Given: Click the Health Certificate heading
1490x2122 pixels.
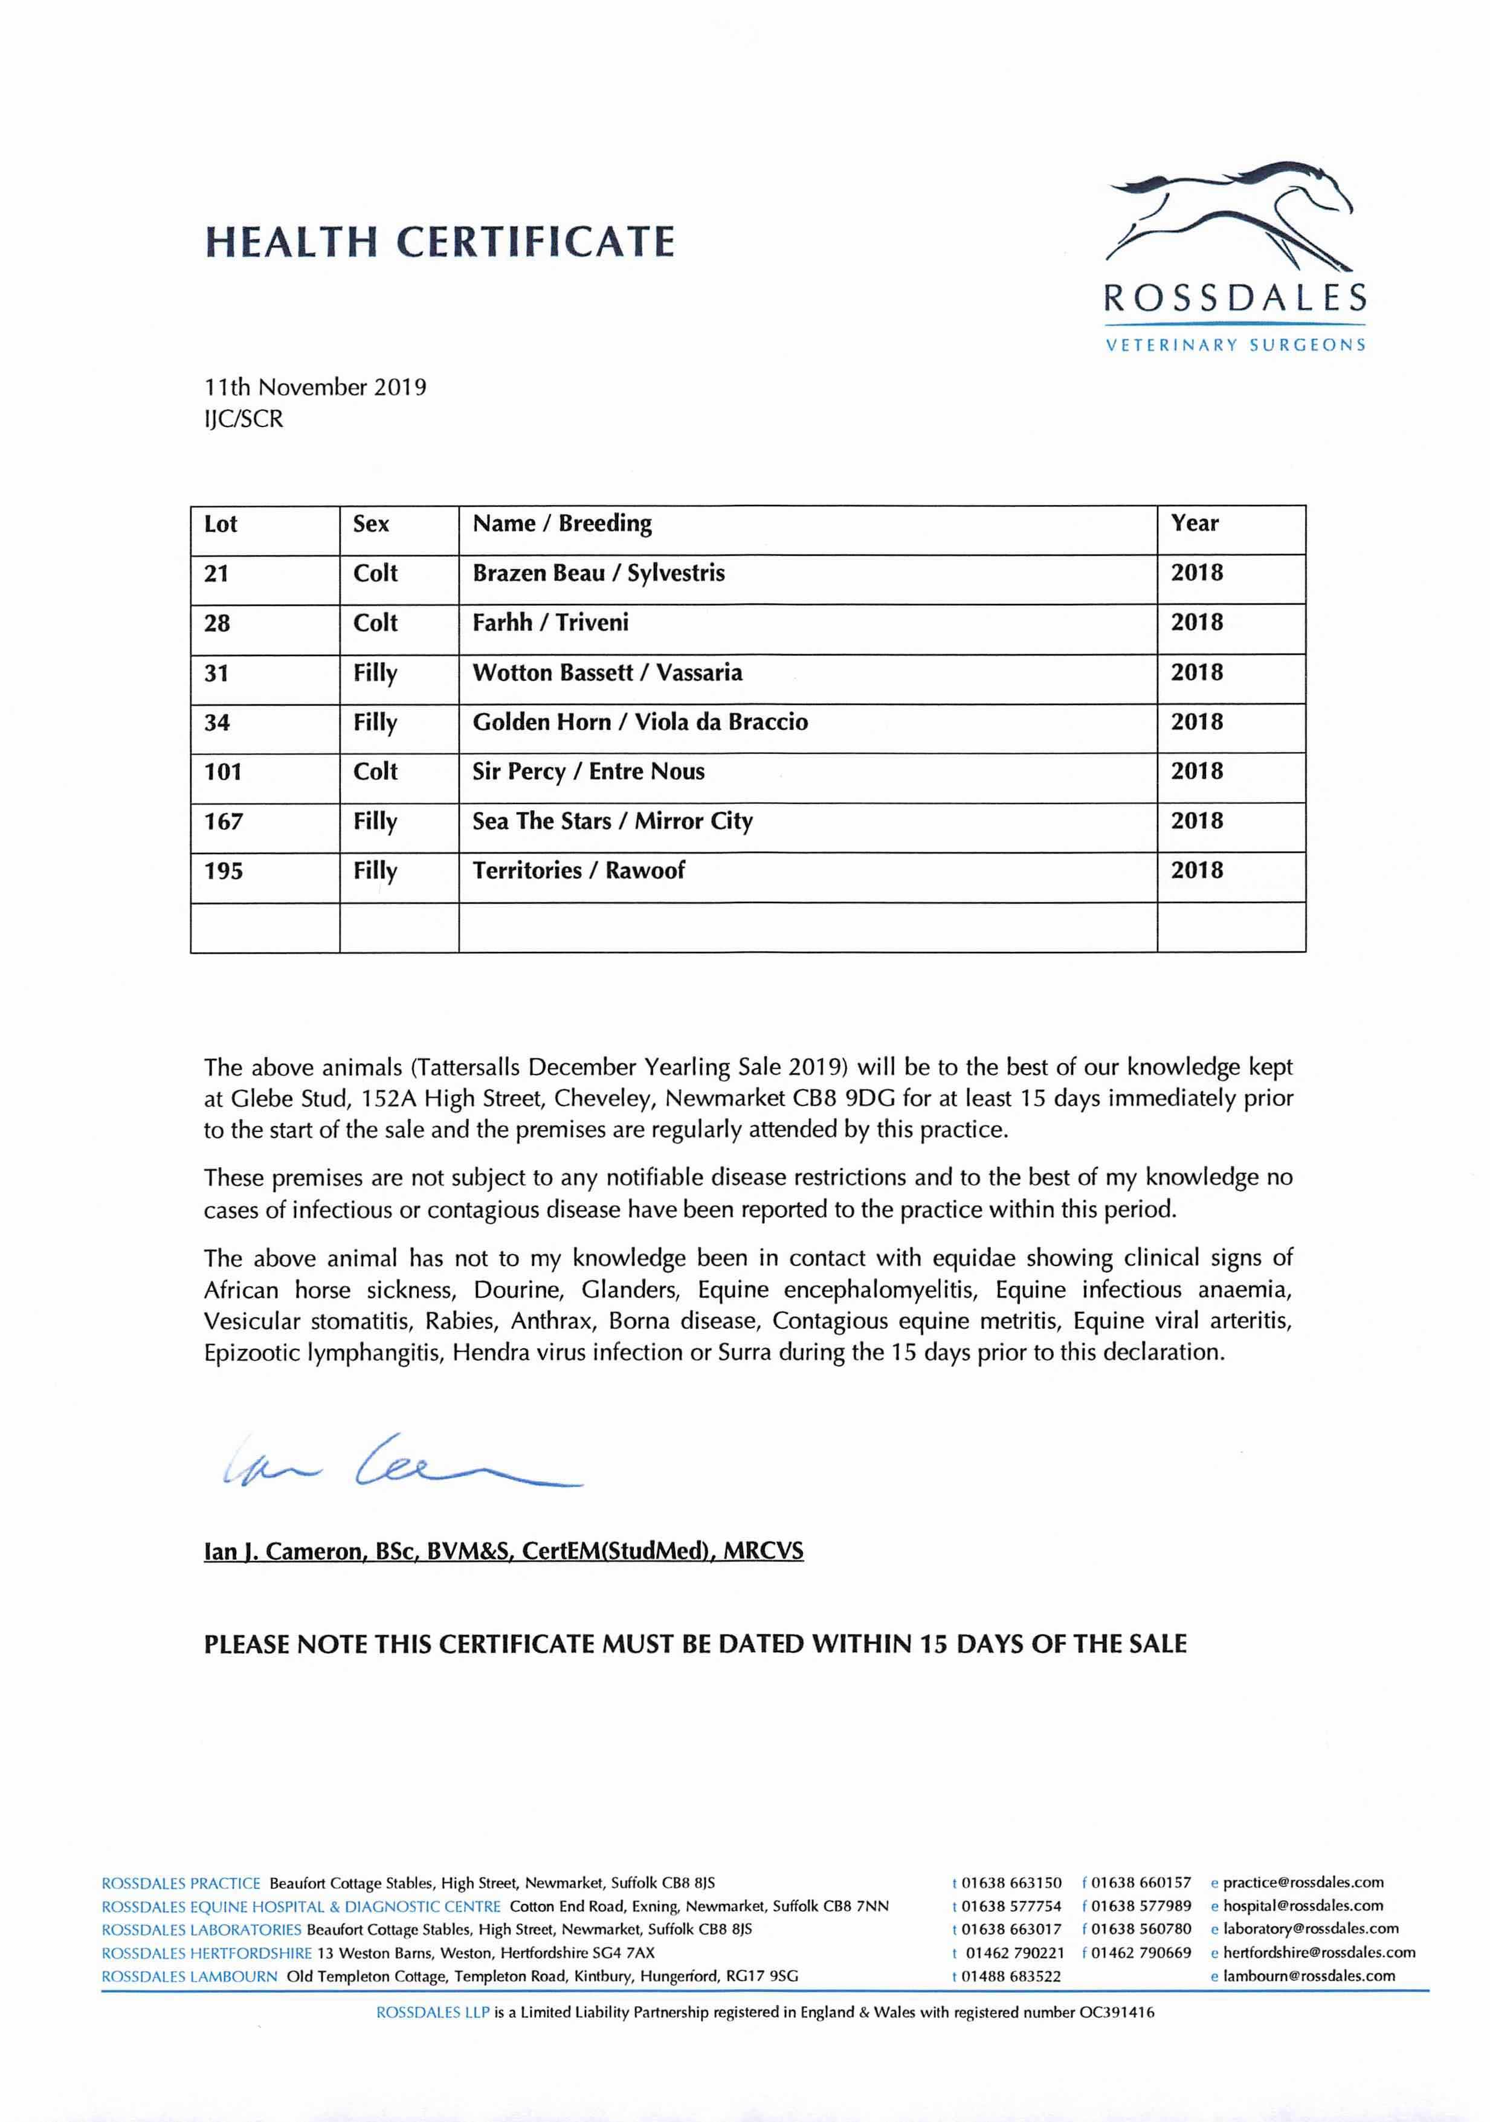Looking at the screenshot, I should pyautogui.click(x=439, y=242).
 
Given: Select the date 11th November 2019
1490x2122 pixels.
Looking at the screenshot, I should pyautogui.click(x=315, y=387).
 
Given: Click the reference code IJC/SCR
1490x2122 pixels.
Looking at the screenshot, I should pyautogui.click(x=244, y=419).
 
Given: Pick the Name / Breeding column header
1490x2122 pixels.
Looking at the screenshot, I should pyautogui.click(x=562, y=524).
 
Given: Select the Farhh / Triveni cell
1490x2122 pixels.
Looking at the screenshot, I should pyautogui.click(x=551, y=623).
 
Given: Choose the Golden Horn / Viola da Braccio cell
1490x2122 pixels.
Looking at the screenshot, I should pyautogui.click(x=640, y=722).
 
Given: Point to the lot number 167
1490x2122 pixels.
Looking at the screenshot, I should pyautogui.click(x=224, y=821).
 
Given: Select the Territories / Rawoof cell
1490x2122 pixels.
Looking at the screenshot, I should pyautogui.click(x=579, y=870).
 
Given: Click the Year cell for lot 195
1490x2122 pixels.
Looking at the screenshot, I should pyautogui.click(x=1197, y=870).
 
